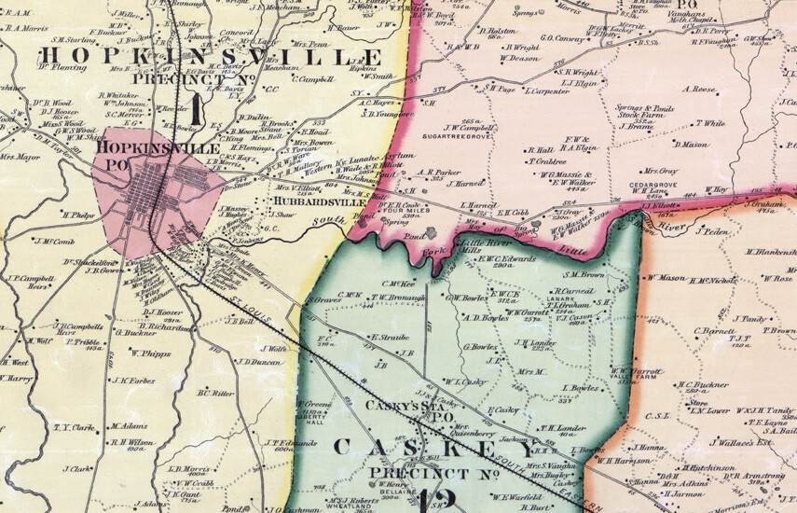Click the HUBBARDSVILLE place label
(x=310, y=201)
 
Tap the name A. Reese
(x=699, y=90)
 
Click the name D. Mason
(x=692, y=145)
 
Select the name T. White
(x=710, y=123)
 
